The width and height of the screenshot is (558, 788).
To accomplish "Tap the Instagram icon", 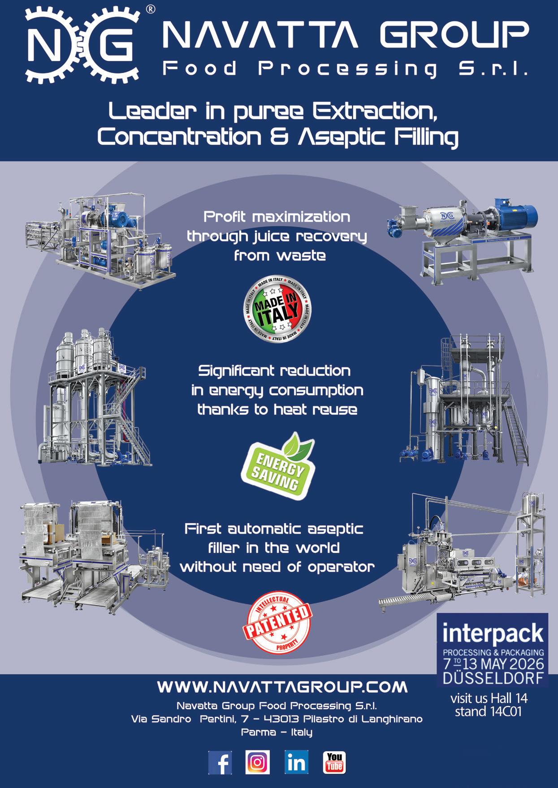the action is (258, 762).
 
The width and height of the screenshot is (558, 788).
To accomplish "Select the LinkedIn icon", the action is (296, 762).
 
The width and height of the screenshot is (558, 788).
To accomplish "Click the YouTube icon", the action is (334, 762).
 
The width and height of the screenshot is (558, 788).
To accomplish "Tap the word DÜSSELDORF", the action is (493, 678).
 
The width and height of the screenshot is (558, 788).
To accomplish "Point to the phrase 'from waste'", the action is (279, 256).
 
